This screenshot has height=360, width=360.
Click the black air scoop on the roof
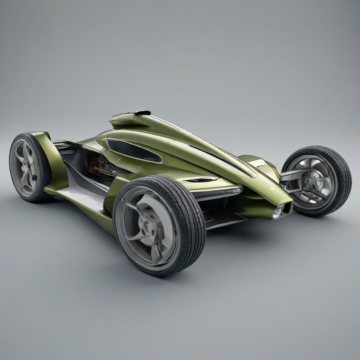click(x=142, y=113)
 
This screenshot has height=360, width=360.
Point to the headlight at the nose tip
click(x=278, y=212)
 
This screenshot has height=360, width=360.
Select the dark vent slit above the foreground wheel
click(x=200, y=180)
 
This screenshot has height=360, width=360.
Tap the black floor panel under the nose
click(x=225, y=218)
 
